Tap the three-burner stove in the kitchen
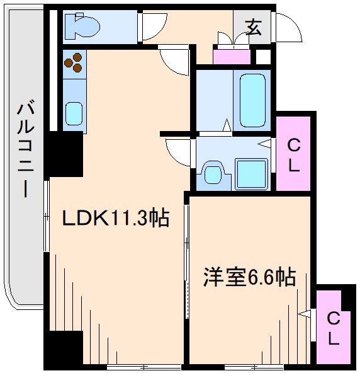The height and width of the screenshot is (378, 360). pos(76,61)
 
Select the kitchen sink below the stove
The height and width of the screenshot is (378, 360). pos(75,114)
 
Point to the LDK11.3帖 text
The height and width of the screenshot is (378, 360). pos(115,219)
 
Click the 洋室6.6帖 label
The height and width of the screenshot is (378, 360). pos(249,277)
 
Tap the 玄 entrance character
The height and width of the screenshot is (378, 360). pos(253,28)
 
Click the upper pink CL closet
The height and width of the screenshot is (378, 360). pos(294,156)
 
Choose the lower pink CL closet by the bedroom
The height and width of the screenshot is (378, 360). pos(334,328)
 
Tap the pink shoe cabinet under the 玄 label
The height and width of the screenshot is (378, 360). pos(231,55)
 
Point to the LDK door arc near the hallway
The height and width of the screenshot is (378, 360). pos(176,62)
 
